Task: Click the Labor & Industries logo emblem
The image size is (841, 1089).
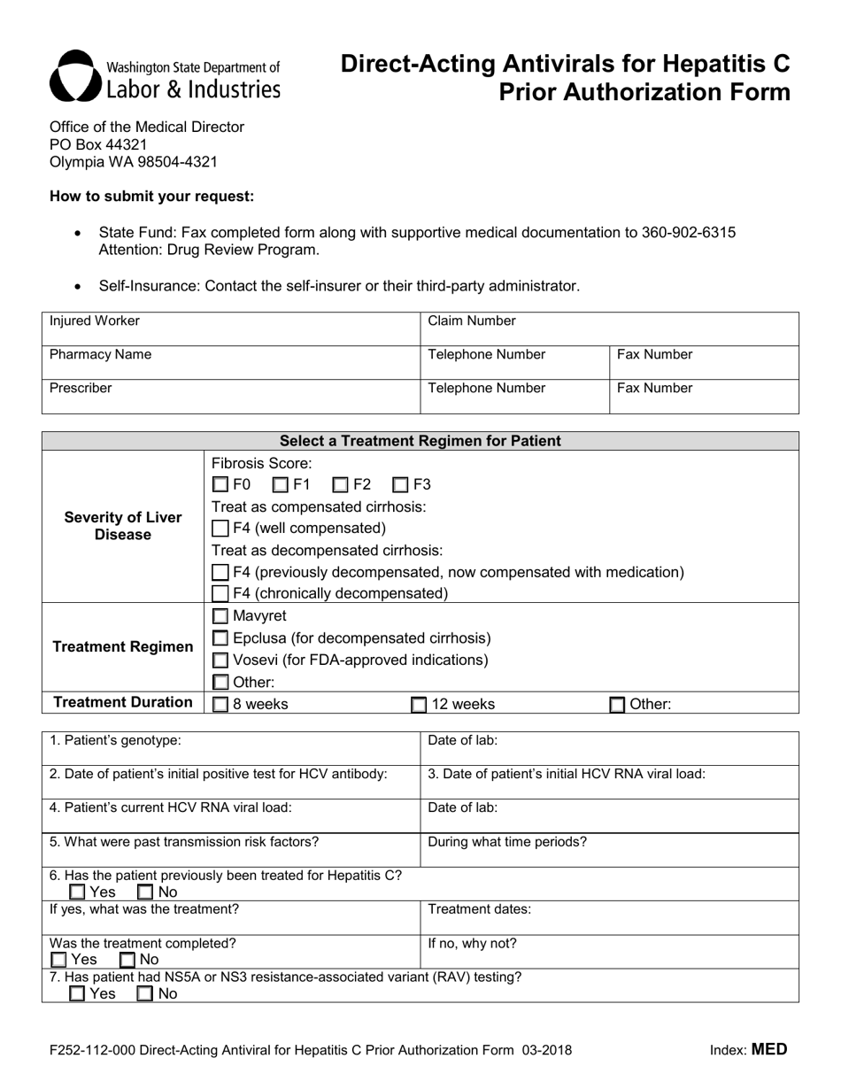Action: pos(73,76)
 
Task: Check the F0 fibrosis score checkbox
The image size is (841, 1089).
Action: pos(220,484)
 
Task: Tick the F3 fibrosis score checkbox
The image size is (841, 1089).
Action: pos(401,484)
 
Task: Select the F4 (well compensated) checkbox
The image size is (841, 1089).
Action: pos(220,529)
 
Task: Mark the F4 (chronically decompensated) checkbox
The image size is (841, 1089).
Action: pos(220,593)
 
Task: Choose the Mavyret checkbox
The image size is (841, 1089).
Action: pos(220,616)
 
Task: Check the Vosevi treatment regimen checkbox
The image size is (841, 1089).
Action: pos(220,660)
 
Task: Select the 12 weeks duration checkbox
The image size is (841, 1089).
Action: pos(419,705)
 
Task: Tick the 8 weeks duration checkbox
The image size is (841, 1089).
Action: pos(220,705)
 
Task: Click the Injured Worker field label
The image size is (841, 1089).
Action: pos(94,321)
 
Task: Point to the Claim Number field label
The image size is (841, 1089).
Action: pos(471,321)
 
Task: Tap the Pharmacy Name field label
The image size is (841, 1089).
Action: pos(100,355)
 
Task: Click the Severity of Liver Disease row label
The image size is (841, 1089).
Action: pos(123,526)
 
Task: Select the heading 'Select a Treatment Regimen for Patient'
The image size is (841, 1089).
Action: pos(420,441)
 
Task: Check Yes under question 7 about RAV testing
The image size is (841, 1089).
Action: pos(78,994)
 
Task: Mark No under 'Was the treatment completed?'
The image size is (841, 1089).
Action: pos(127,960)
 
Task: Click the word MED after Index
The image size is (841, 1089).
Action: pos(768,1050)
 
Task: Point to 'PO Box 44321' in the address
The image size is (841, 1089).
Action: pos(98,144)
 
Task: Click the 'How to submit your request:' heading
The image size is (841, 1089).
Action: pos(151,197)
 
